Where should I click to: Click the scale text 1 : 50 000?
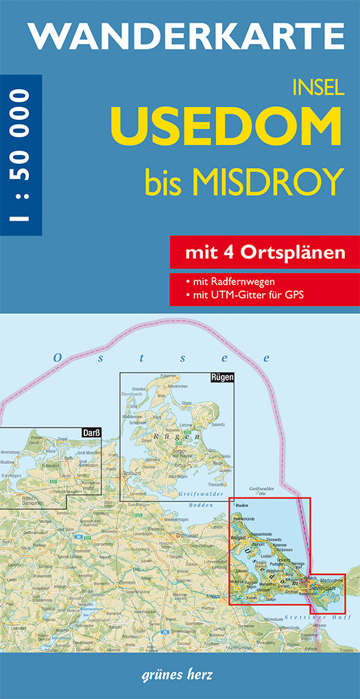tap(21, 155)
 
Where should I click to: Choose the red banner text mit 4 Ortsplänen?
tap(264, 253)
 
